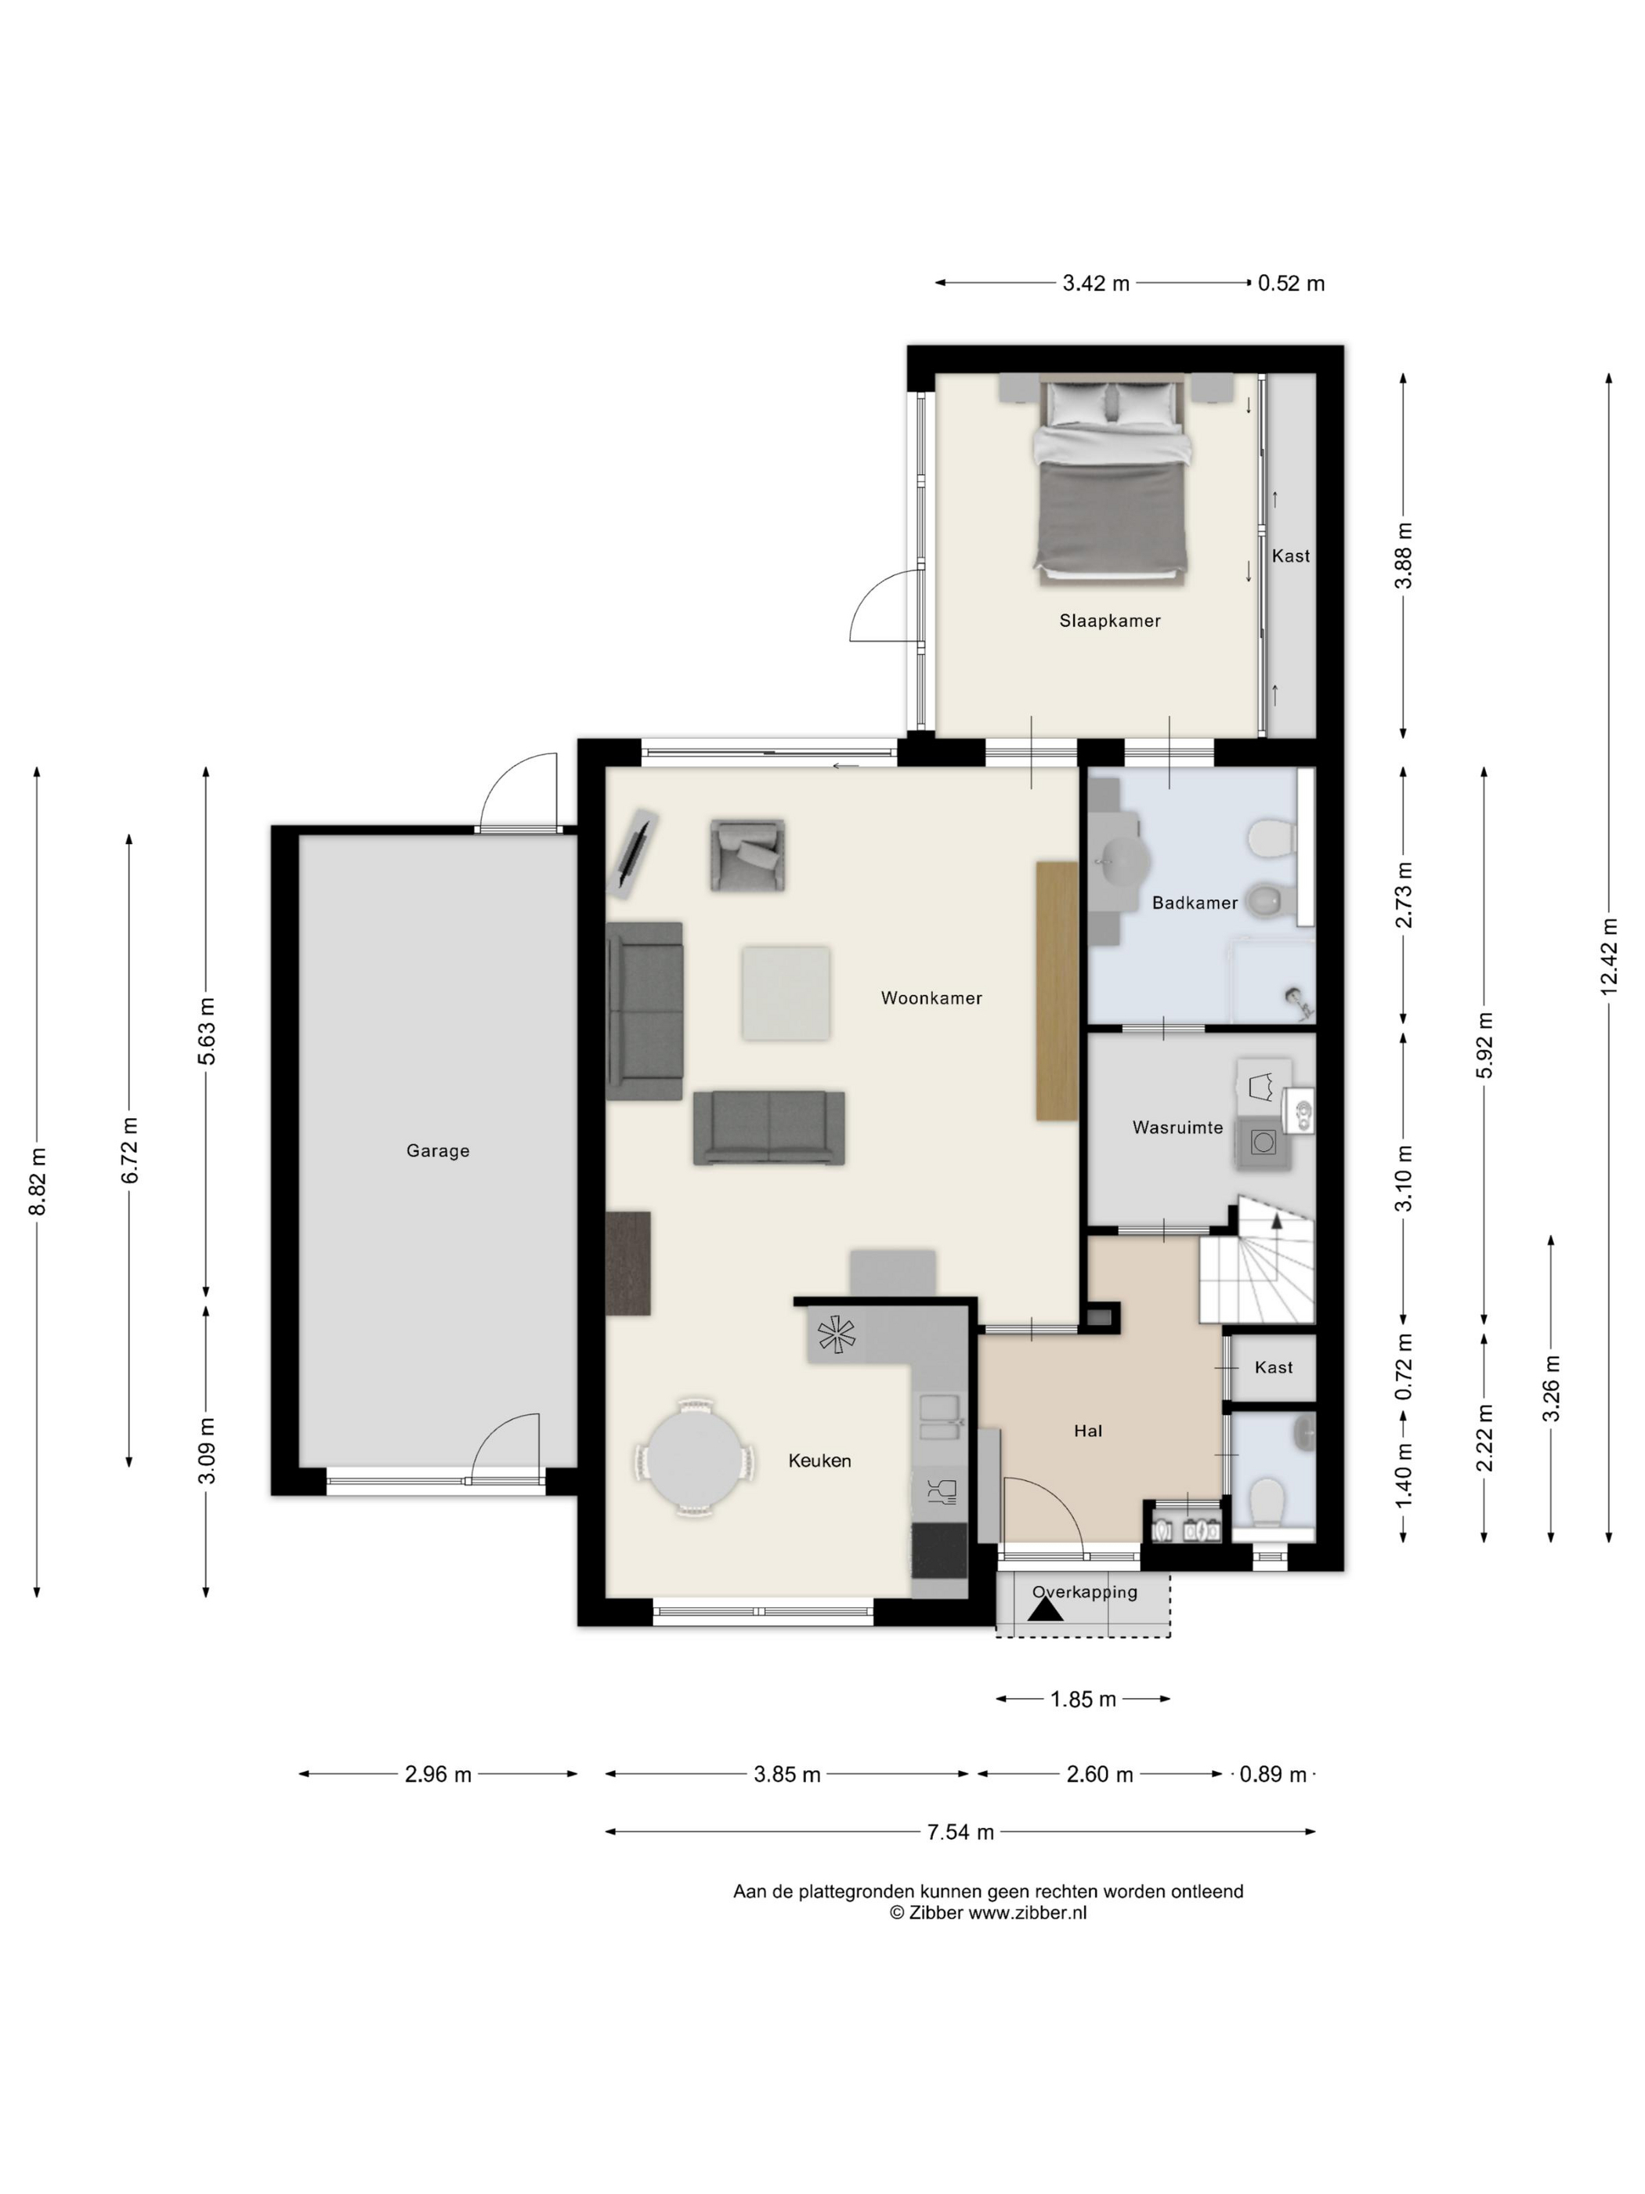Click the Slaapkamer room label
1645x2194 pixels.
[1108, 621]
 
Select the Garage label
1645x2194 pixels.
[437, 1150]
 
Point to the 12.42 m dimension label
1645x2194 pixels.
[1608, 955]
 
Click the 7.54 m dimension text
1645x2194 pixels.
[960, 1832]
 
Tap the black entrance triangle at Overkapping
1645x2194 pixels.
[1045, 1609]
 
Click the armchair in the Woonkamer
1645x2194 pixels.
[747, 854]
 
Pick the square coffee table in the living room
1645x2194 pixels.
[786, 993]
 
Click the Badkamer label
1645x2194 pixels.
[1194, 903]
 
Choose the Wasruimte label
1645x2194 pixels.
[1177, 1127]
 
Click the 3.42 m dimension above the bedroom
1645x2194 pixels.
[1096, 283]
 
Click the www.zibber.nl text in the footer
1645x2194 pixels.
[1026, 1913]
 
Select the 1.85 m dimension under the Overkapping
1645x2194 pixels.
[1083, 1699]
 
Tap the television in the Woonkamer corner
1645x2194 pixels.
[633, 853]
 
